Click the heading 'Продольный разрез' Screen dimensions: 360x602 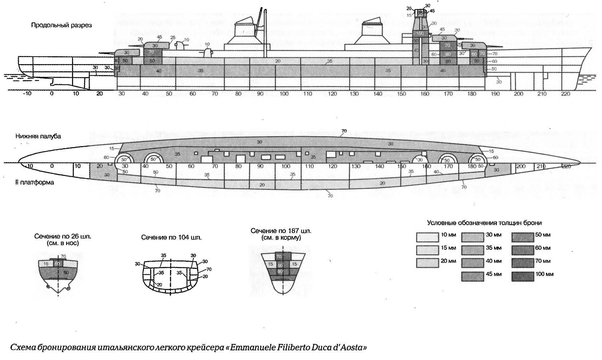coord(61,25)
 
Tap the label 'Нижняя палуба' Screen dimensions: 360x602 coord(38,136)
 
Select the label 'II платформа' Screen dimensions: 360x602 coord(34,182)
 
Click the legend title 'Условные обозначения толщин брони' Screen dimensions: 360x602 coord(484,223)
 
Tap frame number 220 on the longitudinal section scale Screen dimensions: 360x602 coord(565,94)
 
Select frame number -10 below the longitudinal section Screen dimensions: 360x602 coord(27,94)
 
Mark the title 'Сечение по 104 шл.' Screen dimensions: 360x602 coord(171,237)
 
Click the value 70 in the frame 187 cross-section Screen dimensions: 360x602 coord(278,256)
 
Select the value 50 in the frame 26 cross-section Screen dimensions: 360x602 coord(66,273)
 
